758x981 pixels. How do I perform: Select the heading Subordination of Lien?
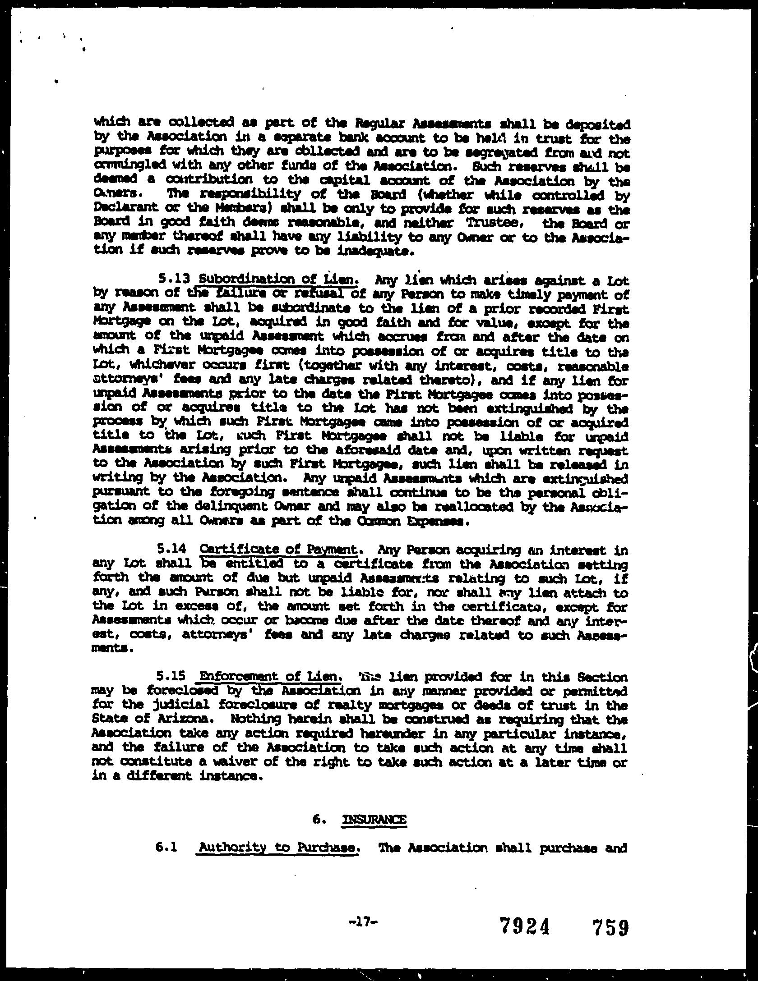(281, 280)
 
